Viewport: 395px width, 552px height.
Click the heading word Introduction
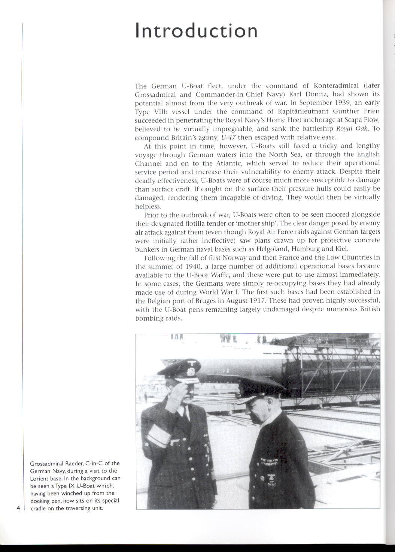[196, 30]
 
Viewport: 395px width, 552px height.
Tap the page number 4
[18, 508]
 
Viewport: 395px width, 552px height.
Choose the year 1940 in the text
[194, 266]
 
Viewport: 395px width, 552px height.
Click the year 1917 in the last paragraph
[255, 301]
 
